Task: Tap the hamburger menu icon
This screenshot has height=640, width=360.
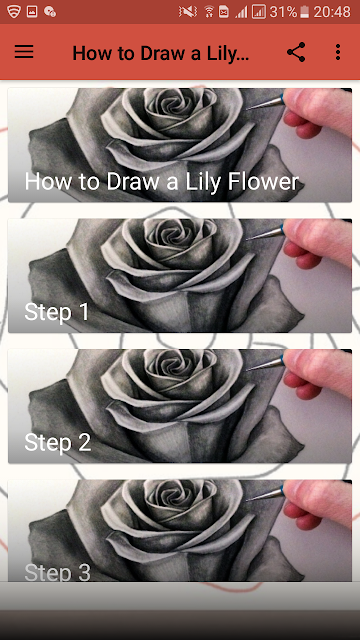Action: point(24,52)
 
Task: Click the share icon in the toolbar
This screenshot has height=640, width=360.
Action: point(296,52)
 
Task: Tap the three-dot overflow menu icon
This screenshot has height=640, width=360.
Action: point(338,52)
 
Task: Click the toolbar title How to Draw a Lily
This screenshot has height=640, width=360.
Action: point(160,53)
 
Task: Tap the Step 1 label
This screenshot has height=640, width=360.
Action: point(57,312)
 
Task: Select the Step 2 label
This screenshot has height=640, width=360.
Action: point(58,443)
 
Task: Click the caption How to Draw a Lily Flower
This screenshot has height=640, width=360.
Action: point(162,182)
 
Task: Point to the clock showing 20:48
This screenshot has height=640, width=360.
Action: point(332,12)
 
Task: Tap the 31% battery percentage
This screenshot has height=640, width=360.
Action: point(283,12)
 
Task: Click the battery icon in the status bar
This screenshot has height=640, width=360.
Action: point(304,12)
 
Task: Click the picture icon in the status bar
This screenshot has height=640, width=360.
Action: point(32,11)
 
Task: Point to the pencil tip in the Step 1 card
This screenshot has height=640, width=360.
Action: point(248,238)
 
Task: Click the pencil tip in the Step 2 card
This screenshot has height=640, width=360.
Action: point(248,369)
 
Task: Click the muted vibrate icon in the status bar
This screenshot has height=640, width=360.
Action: point(188,12)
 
